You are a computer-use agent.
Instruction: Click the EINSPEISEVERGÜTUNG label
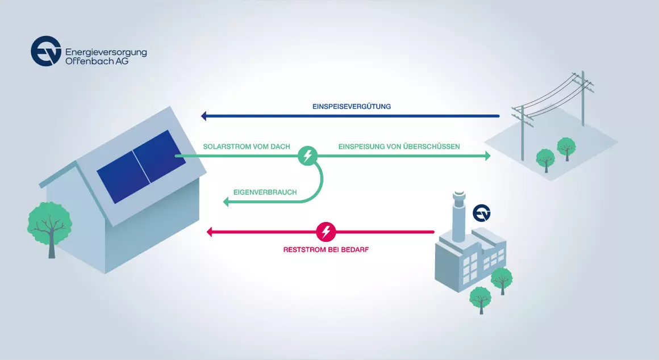pyautogui.click(x=351, y=107)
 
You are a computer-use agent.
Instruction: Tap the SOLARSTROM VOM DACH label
pyautogui.click(x=247, y=146)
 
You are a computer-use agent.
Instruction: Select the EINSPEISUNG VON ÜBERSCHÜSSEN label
pyautogui.click(x=399, y=146)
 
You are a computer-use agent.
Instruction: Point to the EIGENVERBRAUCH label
pyautogui.click(x=265, y=192)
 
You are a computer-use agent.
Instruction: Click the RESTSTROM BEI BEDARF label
pyautogui.click(x=326, y=249)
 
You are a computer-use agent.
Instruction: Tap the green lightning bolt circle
pyautogui.click(x=308, y=156)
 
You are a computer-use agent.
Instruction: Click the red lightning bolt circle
pyautogui.click(x=326, y=232)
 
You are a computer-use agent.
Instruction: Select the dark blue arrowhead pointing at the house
pyautogui.click(x=204, y=116)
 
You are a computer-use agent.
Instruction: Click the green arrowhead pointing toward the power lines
pyautogui.click(x=488, y=156)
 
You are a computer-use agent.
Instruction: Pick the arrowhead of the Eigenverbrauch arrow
pyautogui.click(x=226, y=202)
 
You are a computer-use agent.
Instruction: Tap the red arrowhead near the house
pyautogui.click(x=209, y=232)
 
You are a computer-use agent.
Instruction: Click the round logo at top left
pyautogui.click(x=46, y=51)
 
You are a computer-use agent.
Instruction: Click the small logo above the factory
pyautogui.click(x=482, y=213)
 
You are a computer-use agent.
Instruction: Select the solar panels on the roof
pyautogui.click(x=141, y=166)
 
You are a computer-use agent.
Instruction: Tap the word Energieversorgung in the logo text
pyautogui.click(x=106, y=52)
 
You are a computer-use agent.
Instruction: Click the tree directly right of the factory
pyautogui.click(x=502, y=281)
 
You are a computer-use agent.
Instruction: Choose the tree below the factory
pyautogui.click(x=481, y=300)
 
